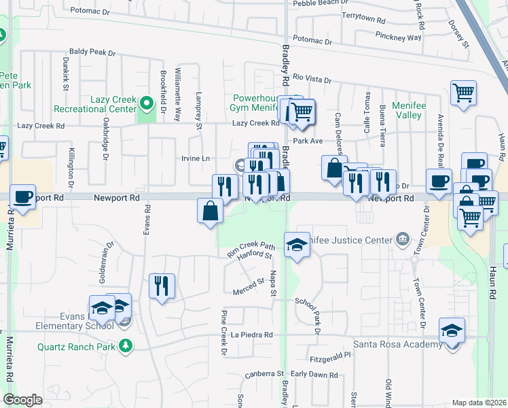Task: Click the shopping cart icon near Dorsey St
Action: coord(463,92)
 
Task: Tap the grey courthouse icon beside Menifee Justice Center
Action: coord(403,239)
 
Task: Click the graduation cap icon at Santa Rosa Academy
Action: coord(452,330)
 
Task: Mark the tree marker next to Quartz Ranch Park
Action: coord(125,345)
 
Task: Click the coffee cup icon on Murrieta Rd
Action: coord(22,197)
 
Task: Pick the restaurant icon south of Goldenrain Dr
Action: coord(162,285)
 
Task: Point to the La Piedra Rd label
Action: coord(251,335)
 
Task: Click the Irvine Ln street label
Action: coord(196,158)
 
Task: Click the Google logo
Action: coord(22,400)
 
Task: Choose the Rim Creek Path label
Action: coord(250,249)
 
